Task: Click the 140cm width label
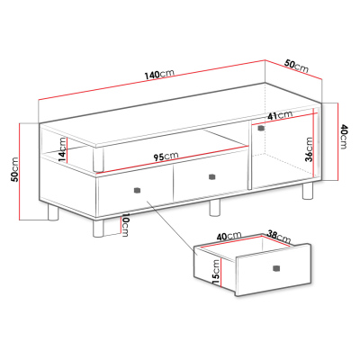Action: [x=159, y=74]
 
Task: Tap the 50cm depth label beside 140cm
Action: [x=296, y=67]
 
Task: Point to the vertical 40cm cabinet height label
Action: [x=343, y=137]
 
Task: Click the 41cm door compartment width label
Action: [x=280, y=115]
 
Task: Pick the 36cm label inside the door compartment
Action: [x=309, y=149]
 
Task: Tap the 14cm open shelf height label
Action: [x=62, y=149]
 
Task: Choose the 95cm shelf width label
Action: [x=166, y=157]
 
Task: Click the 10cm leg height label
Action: [x=125, y=225]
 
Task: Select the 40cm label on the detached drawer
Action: [x=229, y=236]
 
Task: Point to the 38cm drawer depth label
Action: [x=279, y=237]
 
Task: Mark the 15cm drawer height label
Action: [x=216, y=273]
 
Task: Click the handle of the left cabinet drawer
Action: [x=137, y=190]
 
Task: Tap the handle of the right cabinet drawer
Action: [x=212, y=176]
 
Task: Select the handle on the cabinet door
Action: [x=261, y=128]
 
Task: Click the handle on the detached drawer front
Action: [x=276, y=268]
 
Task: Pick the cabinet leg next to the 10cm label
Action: [x=98, y=228]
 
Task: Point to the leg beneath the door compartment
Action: [x=308, y=191]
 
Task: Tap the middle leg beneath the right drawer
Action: [x=214, y=208]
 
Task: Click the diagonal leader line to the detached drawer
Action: [x=172, y=229]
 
